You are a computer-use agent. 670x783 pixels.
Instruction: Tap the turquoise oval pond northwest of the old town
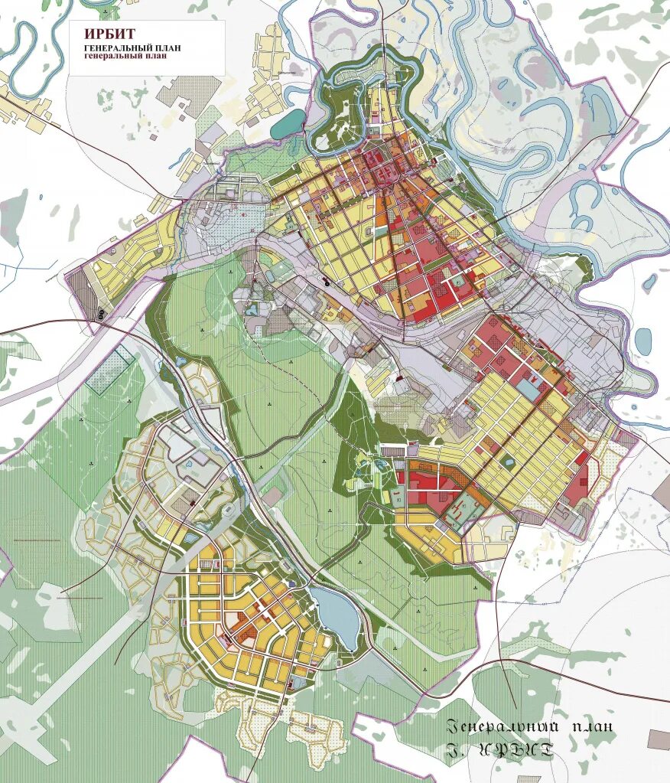[x=288, y=123]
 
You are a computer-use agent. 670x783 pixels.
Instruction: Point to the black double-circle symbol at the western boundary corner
[x=100, y=314]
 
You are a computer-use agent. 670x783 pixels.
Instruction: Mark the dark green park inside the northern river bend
[x=337, y=115]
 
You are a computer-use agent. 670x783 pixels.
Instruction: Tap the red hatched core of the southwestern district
[x=245, y=632]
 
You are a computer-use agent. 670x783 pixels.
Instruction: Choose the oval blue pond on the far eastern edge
[x=643, y=338]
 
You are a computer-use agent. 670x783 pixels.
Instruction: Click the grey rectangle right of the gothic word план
[x=658, y=739]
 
